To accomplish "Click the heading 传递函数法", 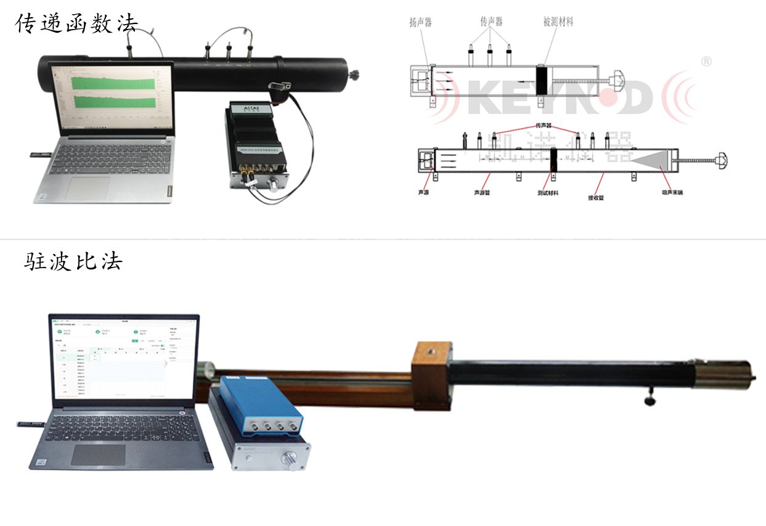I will click(x=77, y=23).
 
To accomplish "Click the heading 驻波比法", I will click(x=73, y=261).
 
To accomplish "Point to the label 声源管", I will click(x=483, y=192).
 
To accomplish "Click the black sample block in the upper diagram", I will click(x=543, y=81).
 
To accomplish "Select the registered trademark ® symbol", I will click(x=707, y=61).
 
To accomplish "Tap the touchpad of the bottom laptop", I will click(x=98, y=454).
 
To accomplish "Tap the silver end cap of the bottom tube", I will click(x=721, y=374).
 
